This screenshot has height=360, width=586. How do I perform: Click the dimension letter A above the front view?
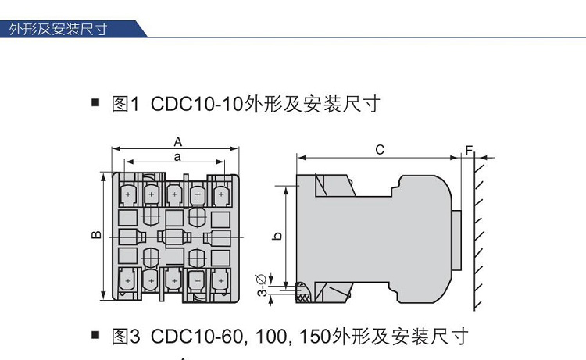pyautogui.click(x=177, y=141)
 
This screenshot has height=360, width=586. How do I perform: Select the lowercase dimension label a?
pyautogui.click(x=177, y=156)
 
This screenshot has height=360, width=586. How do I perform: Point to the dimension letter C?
pyautogui.click(x=380, y=149)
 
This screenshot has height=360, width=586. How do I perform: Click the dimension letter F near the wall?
pyautogui.click(x=469, y=149)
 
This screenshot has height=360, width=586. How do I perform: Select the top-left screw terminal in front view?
pyautogui.click(x=127, y=192)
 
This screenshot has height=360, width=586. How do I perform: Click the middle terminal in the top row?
pyautogui.click(x=174, y=192)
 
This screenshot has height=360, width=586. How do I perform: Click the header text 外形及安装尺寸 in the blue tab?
pyautogui.click(x=58, y=30)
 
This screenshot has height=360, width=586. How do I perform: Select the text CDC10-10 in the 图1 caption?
pyautogui.click(x=194, y=104)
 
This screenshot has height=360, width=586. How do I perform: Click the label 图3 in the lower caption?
pyautogui.click(x=126, y=337)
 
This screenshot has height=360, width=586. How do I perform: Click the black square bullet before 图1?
pyautogui.click(x=96, y=103)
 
